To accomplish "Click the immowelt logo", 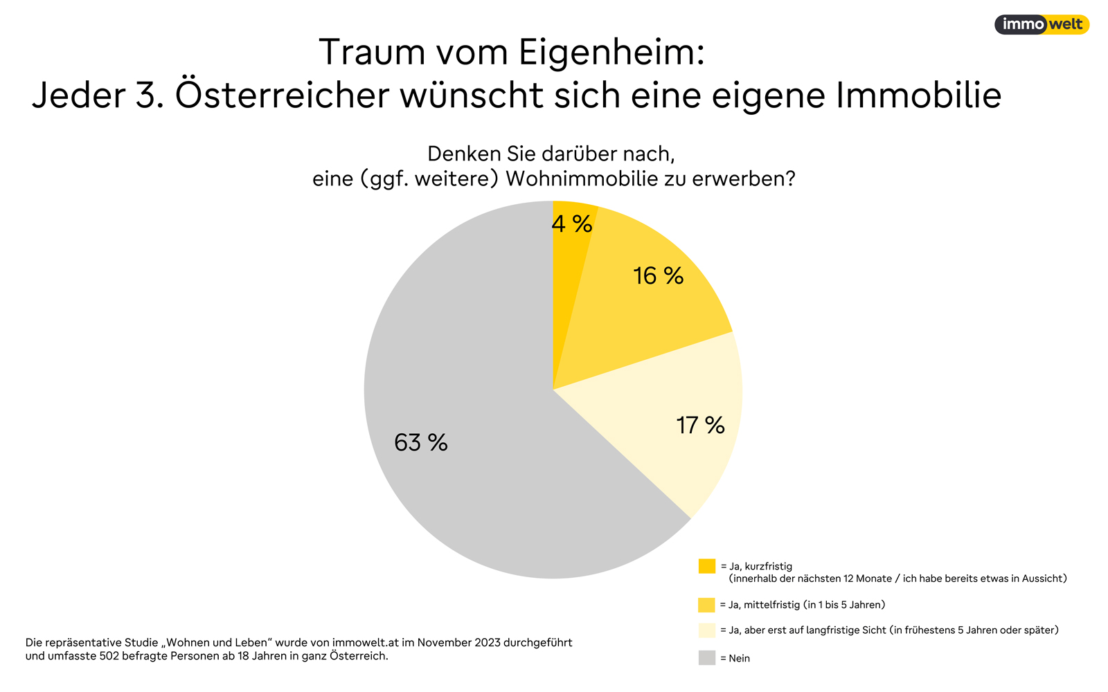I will (1042, 25).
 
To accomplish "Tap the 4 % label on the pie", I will (572, 224).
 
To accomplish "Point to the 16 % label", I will (658, 276).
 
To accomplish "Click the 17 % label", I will (700, 425).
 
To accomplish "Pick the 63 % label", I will (421, 442).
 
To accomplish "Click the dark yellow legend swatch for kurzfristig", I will (706, 566).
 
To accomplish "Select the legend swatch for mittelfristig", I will (706, 605).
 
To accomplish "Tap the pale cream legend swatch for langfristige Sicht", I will (706, 630).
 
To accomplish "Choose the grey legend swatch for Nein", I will (706, 658).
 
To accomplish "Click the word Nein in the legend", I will (740, 659).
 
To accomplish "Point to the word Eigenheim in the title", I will (611, 53).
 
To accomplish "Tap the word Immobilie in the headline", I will (918, 95).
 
